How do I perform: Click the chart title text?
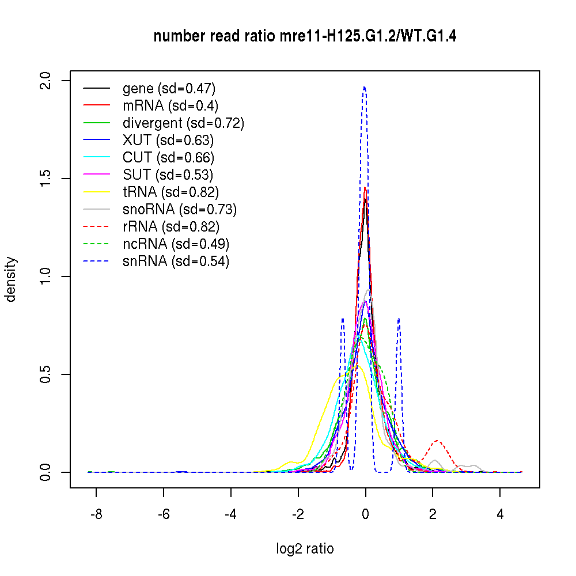point(305,37)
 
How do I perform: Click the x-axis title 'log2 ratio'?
point(305,548)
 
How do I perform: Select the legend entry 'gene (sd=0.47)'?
point(169,88)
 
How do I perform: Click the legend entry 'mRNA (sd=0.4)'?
point(170,105)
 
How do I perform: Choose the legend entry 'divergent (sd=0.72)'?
point(183,123)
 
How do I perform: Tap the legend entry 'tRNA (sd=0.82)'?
point(170,192)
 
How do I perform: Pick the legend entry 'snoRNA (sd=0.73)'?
point(180,209)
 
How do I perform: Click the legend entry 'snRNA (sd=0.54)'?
point(176,261)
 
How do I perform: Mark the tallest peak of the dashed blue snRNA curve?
point(364,88)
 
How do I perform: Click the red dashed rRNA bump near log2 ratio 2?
point(438,441)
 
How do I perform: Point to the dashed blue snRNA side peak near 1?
point(399,319)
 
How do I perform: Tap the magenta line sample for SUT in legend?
point(96,175)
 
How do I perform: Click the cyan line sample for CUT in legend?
point(96,157)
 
